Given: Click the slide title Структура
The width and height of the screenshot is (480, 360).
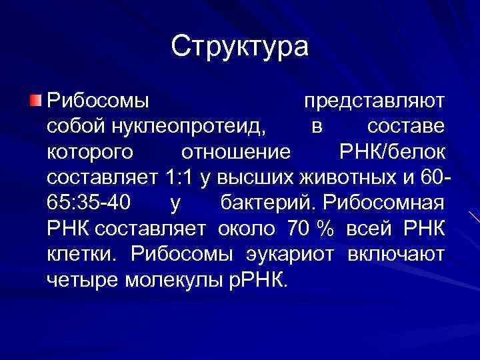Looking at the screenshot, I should click(x=240, y=47).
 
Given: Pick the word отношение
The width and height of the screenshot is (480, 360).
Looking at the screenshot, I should click(x=237, y=152).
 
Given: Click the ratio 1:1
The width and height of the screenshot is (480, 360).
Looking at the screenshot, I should click(x=180, y=178).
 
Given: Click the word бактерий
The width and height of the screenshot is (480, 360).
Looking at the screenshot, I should click(x=259, y=203).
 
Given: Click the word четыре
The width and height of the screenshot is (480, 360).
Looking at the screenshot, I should click(x=82, y=279).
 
